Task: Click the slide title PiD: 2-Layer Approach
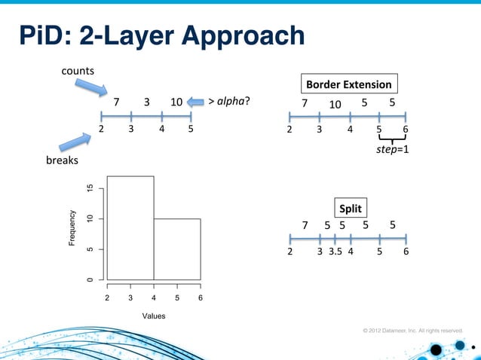[x=161, y=35]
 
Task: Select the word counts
[x=78, y=71]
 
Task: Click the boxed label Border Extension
[x=348, y=84]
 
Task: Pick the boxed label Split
[x=350, y=208]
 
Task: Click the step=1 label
[x=392, y=150]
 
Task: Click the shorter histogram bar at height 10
[x=177, y=249]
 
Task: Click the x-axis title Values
[x=154, y=315]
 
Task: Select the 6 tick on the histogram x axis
[x=201, y=298]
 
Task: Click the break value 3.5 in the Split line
[x=335, y=252]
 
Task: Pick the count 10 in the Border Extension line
[x=335, y=103]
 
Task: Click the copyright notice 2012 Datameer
[x=412, y=330]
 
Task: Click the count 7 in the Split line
[x=305, y=225]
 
